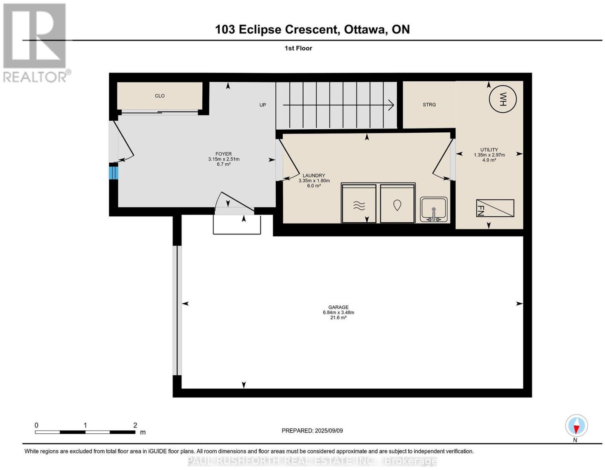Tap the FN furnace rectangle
pos(495,208)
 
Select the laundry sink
pos(433,209)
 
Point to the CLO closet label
pos(160,96)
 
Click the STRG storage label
pos(429,105)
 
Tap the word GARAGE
pos(338,307)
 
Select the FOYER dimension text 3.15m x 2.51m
pos(223,159)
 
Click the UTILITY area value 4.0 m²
pos(489,160)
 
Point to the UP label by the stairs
pos(262,105)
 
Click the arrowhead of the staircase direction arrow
pos(391,105)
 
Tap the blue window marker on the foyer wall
pos(113,173)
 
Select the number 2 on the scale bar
pos(135,425)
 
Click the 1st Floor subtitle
pos(298,48)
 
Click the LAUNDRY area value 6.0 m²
pos(314,186)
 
